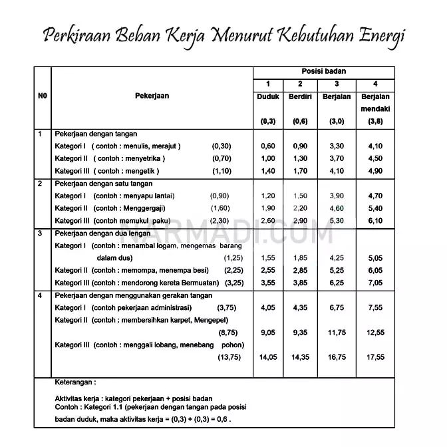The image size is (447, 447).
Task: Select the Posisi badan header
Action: pos(324,71)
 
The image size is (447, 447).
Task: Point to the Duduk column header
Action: pos(268,96)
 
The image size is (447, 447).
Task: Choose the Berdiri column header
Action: pos(300,96)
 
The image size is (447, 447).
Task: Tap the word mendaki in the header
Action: pos(375,108)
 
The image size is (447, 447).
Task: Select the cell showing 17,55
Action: pos(375,357)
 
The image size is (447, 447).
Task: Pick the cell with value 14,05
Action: pos(268,357)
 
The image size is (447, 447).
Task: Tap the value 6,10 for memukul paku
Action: pos(375,220)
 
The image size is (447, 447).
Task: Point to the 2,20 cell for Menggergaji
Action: pos(300,208)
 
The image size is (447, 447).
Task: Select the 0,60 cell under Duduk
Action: pos(268,146)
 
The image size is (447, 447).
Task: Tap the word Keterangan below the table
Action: pos(76,383)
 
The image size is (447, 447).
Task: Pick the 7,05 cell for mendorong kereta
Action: pos(375,282)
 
